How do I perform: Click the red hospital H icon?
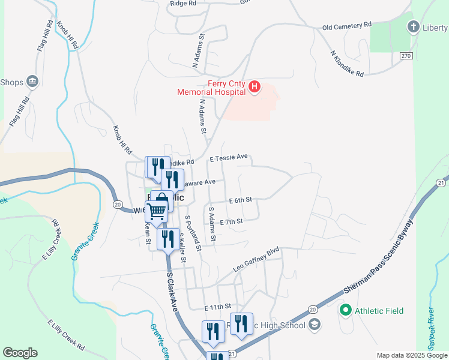pos(255,88)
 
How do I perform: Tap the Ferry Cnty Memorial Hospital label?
pos(212,88)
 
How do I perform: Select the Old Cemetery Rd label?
pos(347,26)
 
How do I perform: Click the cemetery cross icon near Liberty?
pos(413,27)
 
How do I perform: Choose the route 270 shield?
pos(406,55)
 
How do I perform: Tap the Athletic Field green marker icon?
pos(345,311)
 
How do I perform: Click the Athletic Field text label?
pos(379,311)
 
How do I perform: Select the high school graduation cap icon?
pos(314,325)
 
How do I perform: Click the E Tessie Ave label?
pos(228,157)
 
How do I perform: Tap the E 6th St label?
pos(240,200)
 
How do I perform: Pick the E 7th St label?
pos(231,221)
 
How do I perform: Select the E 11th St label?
pos(217,307)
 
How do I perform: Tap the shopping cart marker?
pos(157,211)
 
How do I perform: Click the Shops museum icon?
pos(32,81)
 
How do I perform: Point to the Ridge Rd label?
pos(183,3)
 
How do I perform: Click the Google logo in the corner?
pos(20,353)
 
